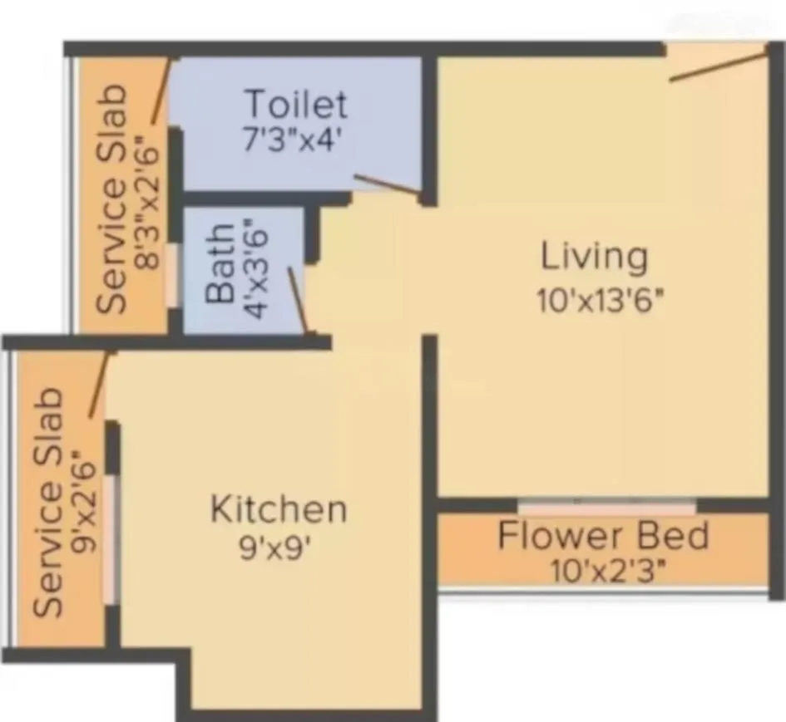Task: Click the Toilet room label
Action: coord(295,105)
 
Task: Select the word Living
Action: coord(594,257)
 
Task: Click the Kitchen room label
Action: coord(278,508)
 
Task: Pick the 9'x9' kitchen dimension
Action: coord(275,548)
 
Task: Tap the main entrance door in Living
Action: coord(716,65)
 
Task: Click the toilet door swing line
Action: coord(386,186)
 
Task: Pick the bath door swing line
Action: coord(298,299)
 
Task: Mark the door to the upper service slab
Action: coord(161,91)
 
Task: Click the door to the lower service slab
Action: coord(101,384)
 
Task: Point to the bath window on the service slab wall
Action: coord(171,275)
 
